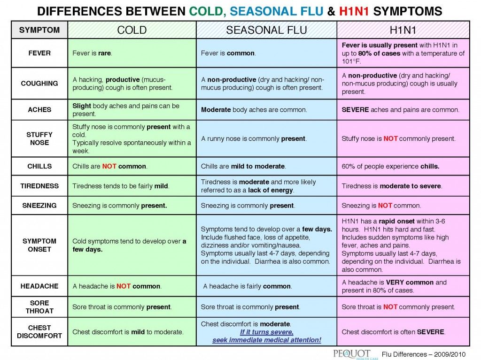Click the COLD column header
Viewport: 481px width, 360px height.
(132, 31)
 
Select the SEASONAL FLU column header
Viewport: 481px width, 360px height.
(266, 31)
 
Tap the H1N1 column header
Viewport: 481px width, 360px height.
(403, 31)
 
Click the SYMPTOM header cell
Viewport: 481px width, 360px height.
(39, 30)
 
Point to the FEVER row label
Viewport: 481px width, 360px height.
(39, 53)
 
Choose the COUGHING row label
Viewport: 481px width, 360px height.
(39, 83)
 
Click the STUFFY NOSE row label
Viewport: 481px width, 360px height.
(39, 138)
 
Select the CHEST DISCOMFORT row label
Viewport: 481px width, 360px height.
(39, 332)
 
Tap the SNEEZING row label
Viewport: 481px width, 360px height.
(39, 205)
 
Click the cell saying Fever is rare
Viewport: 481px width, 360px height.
(132, 53)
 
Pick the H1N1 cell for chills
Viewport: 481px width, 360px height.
(403, 166)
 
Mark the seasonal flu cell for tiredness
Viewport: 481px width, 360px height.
(266, 186)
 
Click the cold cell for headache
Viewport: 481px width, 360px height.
(132, 286)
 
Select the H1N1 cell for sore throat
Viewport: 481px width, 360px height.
(403, 307)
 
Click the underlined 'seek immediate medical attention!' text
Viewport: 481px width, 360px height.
(267, 340)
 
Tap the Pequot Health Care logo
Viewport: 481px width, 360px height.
(352, 353)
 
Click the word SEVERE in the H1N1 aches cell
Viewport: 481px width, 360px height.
(355, 110)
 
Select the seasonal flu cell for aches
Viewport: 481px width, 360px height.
(266, 110)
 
